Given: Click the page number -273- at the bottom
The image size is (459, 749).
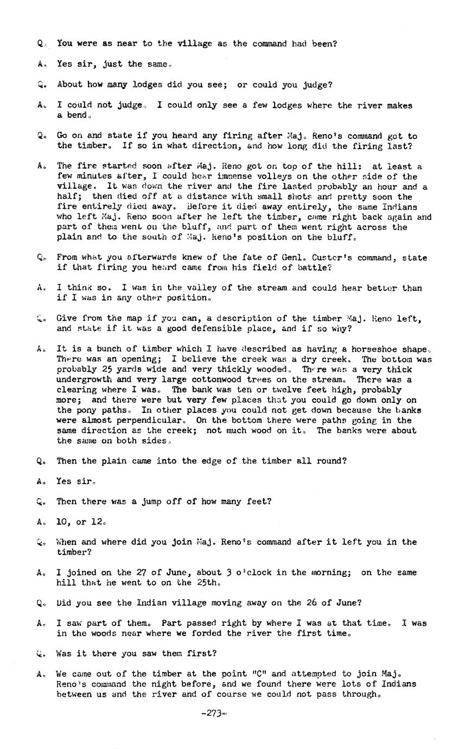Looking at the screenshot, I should [213, 714].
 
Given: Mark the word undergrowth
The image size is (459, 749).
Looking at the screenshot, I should [84, 380].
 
